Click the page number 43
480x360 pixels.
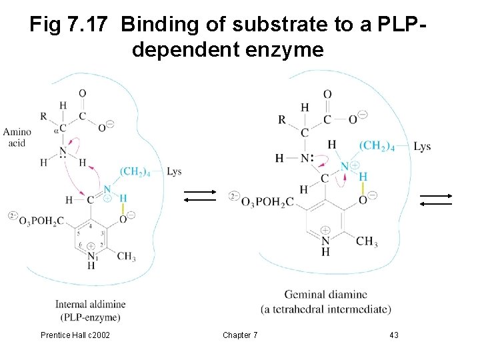point(394,335)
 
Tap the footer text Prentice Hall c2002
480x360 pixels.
point(76,335)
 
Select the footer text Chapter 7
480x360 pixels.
point(241,335)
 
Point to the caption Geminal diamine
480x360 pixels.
point(325,294)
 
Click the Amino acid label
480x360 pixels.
point(17,138)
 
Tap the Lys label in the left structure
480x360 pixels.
point(174,172)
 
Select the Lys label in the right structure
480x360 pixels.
point(421,147)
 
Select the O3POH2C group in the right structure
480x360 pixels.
point(265,201)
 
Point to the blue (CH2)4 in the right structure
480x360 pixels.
point(377,146)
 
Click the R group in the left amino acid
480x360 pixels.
point(43,115)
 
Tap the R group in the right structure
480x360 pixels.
point(282,120)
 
